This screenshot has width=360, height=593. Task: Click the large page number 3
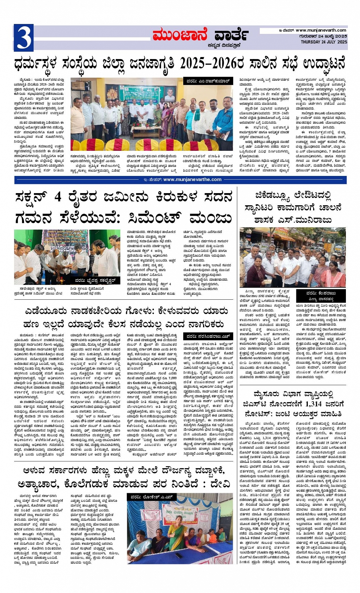click(x=23, y=37)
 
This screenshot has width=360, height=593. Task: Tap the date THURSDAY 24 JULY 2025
click(x=324, y=42)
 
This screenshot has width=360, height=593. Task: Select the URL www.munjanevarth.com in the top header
click(x=321, y=30)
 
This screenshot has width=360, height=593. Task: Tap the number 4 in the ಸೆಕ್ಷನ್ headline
click(x=58, y=197)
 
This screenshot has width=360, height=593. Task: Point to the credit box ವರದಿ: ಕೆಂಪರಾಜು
click(x=326, y=293)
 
